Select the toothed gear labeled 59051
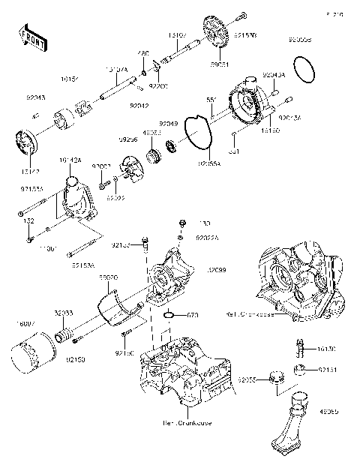coord(216,33)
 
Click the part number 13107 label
coord(178,34)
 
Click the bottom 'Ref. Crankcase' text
coord(187,423)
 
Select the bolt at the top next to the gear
coord(241,13)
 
